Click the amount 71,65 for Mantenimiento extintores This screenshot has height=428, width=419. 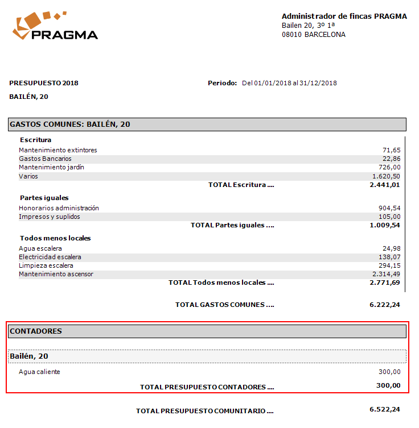click(391, 150)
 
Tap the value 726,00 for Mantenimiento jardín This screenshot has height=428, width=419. click(389, 167)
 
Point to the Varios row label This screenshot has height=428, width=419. click(28, 176)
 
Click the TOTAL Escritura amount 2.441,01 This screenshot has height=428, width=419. click(385, 185)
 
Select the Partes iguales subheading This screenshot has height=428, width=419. click(44, 198)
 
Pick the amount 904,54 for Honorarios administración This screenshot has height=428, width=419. click(389, 208)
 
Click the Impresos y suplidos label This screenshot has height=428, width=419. click(50, 217)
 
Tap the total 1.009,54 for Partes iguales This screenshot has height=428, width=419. click(385, 225)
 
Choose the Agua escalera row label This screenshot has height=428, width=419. click(40, 248)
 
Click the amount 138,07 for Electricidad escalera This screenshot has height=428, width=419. click(389, 257)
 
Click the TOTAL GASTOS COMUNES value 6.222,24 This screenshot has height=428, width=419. click(385, 305)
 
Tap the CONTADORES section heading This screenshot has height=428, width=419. click(36, 331)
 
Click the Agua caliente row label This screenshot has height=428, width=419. click(39, 372)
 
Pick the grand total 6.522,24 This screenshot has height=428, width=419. click(385, 410)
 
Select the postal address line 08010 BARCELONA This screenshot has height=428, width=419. click(313, 35)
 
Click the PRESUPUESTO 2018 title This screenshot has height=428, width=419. click(44, 83)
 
